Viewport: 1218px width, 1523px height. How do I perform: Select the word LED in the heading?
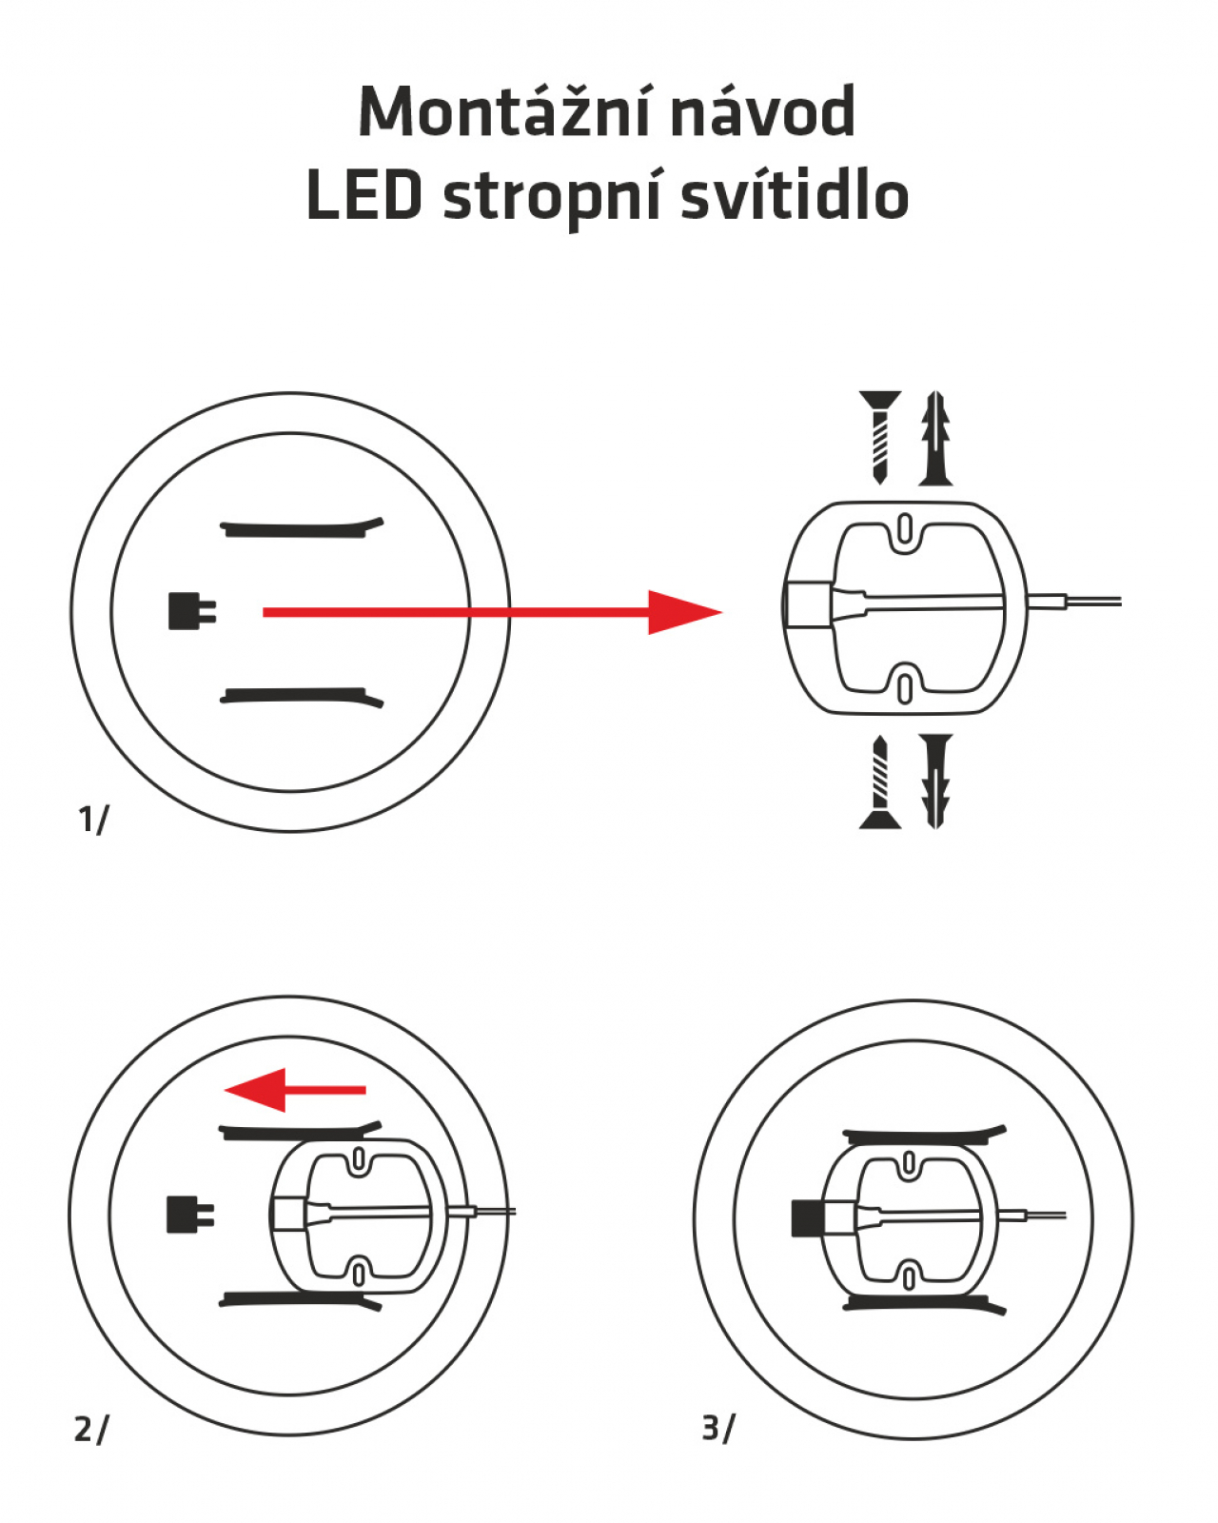364,196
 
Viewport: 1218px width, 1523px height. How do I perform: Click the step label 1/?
93,819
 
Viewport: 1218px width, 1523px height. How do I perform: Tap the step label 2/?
91,1429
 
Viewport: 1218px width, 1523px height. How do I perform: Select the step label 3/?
718,1428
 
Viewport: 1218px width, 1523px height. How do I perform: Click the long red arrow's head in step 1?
683,612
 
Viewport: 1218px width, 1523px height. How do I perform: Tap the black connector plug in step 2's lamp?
189,1215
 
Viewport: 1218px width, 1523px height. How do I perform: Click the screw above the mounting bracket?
879,436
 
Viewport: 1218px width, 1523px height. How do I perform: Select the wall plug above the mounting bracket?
936,438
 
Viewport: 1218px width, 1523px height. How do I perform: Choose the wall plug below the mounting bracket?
936,781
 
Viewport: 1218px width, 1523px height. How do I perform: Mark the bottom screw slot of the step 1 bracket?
905,687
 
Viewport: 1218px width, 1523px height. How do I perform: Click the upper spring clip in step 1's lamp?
301,527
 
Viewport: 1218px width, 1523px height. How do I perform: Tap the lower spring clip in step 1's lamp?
301,697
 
